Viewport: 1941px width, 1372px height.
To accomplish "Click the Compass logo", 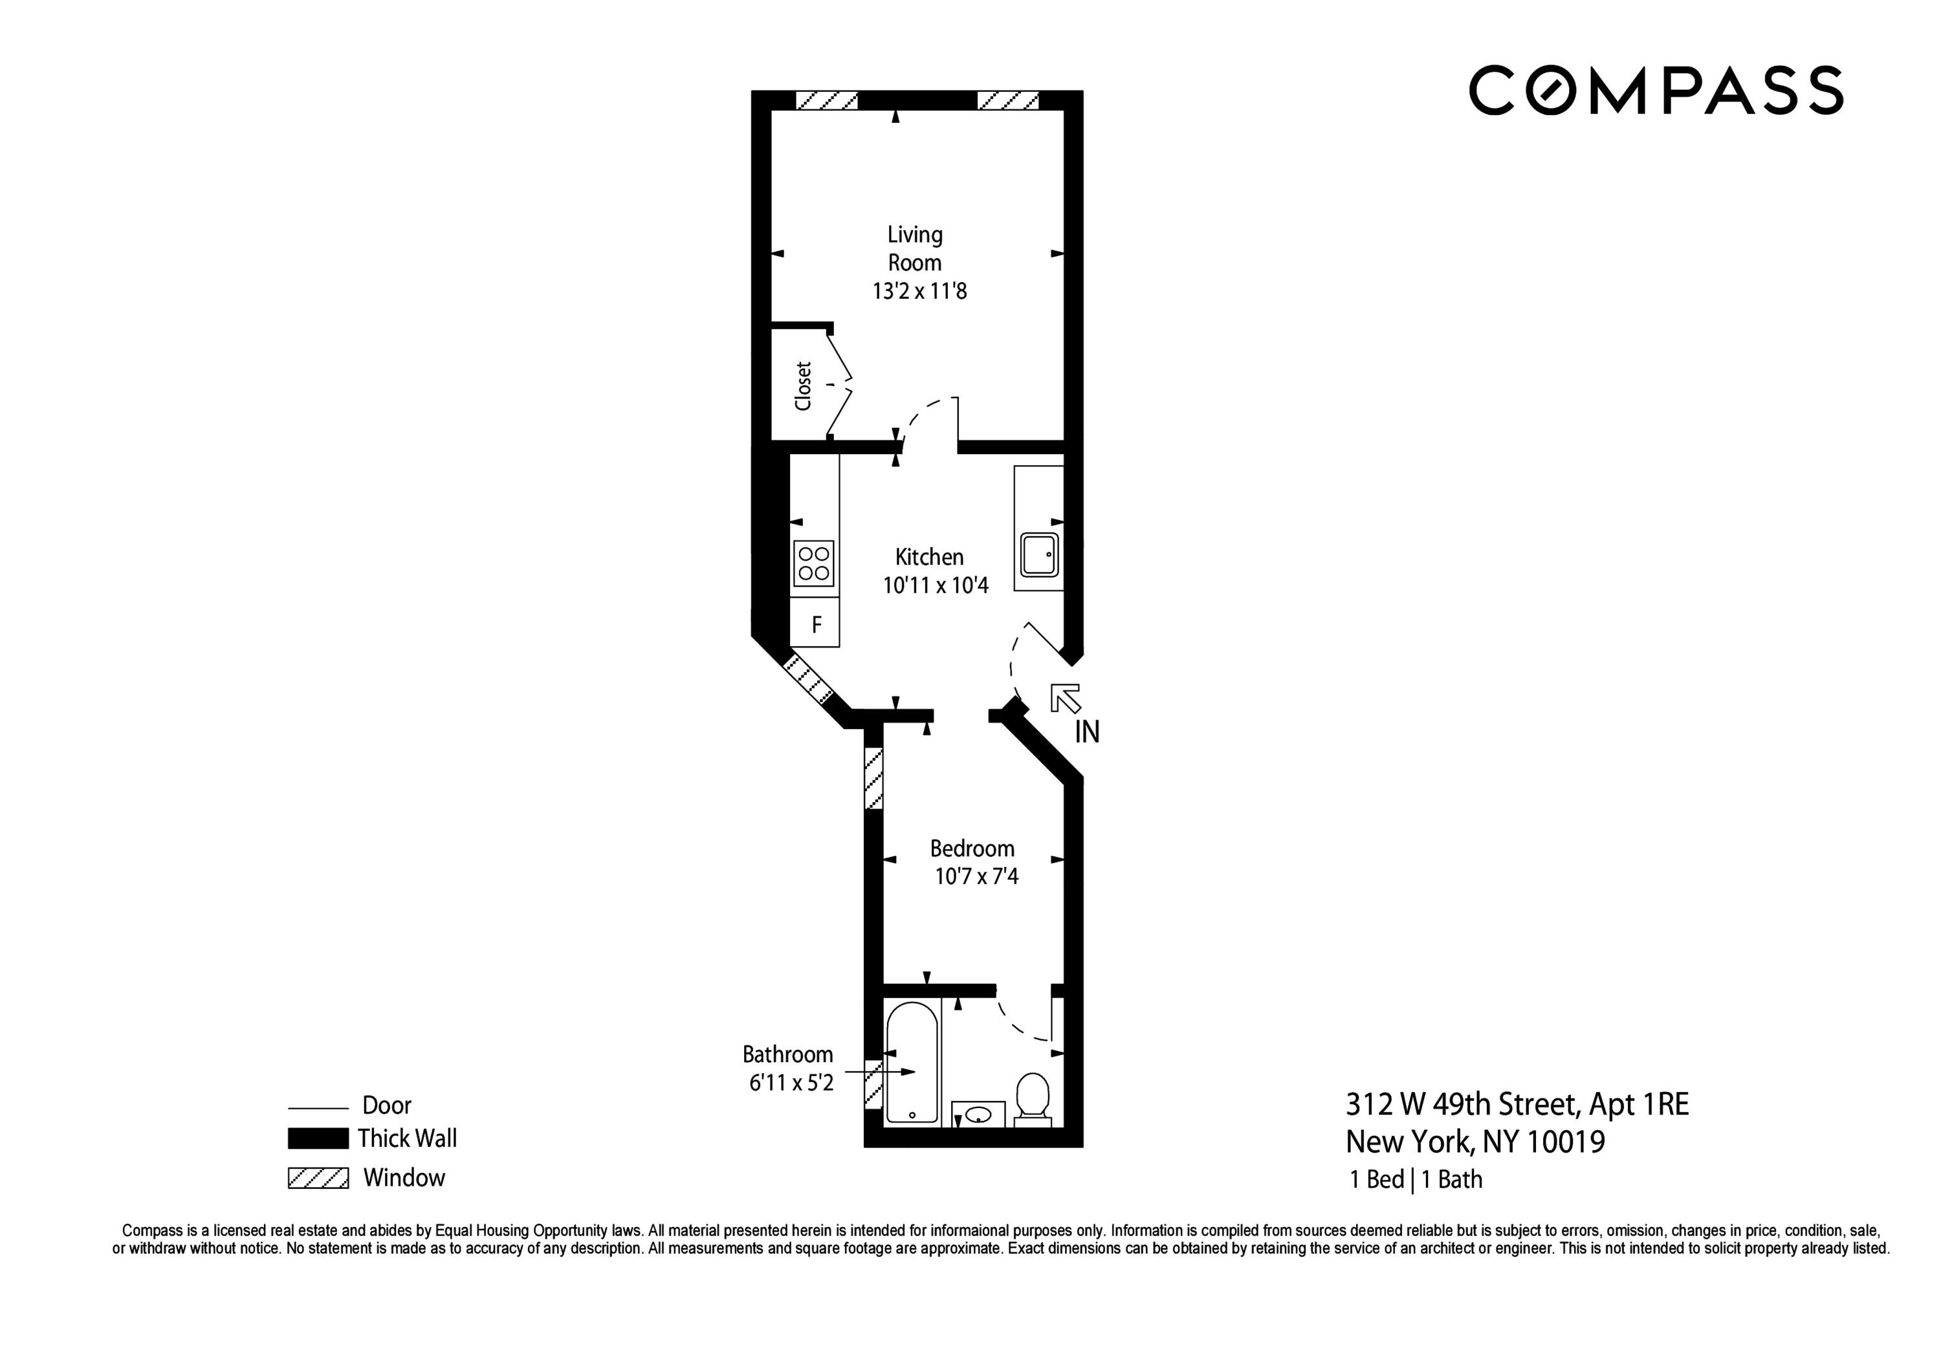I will coord(1655,90).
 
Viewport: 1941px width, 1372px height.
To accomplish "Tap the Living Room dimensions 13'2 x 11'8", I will coord(919,292).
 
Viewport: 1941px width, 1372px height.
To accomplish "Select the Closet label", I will coord(803,386).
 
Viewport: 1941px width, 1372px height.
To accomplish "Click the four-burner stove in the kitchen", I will coord(814,563).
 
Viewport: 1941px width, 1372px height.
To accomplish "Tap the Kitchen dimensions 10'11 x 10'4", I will coord(935,585).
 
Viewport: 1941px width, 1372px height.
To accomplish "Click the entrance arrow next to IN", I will coord(1065,697).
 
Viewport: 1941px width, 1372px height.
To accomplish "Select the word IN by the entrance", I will coord(1086,732).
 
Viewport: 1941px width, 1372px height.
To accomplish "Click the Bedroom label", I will coord(972,849).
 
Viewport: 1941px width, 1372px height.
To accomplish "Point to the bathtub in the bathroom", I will coord(912,1063).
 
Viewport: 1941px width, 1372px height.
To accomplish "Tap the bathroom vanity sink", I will coord(978,1114).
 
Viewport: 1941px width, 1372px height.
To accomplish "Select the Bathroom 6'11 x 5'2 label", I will coord(788,1069).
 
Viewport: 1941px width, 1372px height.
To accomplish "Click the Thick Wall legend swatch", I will coord(318,1138).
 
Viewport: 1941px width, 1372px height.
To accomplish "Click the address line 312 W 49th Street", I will coord(1517,1104).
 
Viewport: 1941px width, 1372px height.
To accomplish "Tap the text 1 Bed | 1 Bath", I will coord(1415,1180).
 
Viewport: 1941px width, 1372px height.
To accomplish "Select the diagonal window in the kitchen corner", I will coord(809,679).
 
